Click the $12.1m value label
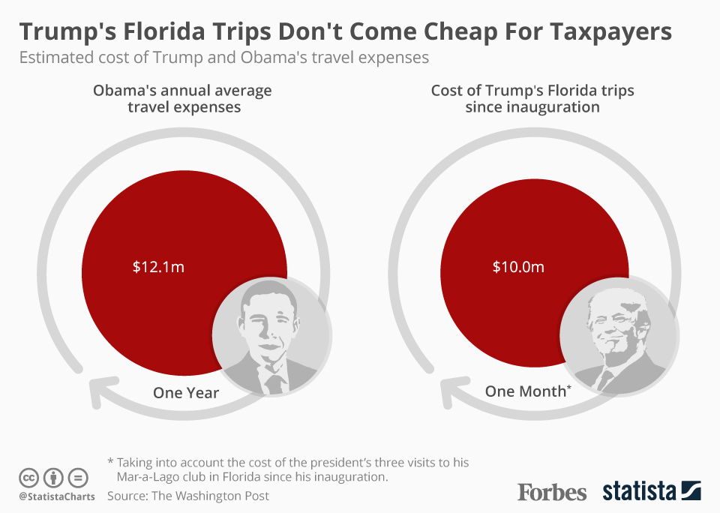[x=158, y=266]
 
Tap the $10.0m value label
[x=518, y=266]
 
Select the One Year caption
[x=186, y=392]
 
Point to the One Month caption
[x=527, y=391]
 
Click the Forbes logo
[x=552, y=492]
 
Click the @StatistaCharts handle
[x=57, y=496]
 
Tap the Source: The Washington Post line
[x=188, y=496]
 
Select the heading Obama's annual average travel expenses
[x=182, y=99]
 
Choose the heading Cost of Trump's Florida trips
[x=532, y=99]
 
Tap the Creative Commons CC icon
[x=28, y=477]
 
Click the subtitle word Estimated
[x=54, y=58]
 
